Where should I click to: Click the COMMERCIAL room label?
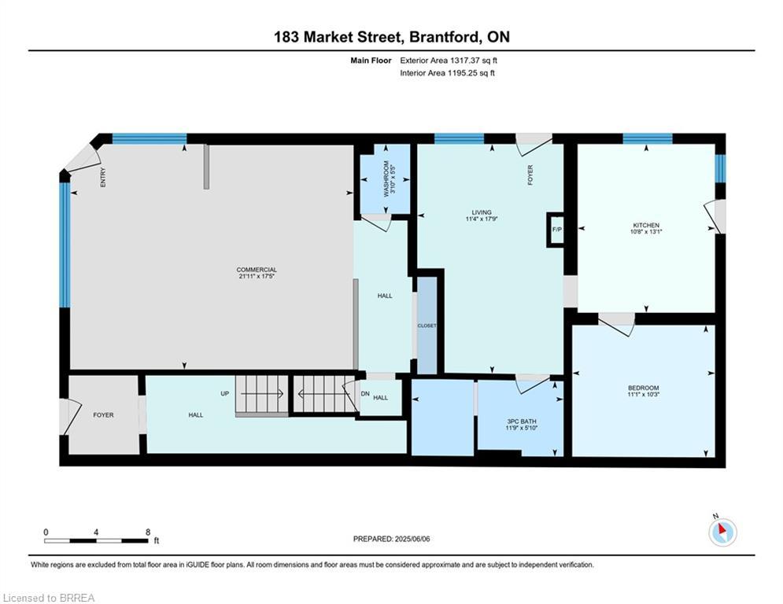tap(257, 270)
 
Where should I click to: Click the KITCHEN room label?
tap(646, 225)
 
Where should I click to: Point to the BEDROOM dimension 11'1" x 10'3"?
tap(643, 394)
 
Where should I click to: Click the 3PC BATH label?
tap(521, 422)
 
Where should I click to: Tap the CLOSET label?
tap(427, 326)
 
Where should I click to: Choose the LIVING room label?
tap(482, 212)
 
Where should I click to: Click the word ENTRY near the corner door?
tap(103, 177)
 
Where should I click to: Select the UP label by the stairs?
tap(225, 393)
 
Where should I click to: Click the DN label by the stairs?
tap(365, 393)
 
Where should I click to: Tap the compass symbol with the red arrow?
tap(722, 532)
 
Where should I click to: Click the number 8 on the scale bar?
tap(148, 532)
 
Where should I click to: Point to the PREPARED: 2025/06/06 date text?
tap(392, 539)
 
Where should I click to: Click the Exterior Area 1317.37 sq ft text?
tap(449, 61)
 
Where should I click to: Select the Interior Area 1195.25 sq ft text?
tap(448, 73)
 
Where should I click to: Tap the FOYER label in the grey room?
tap(103, 414)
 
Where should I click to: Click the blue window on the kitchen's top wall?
tap(647, 138)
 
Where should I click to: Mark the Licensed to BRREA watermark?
tap(49, 598)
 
